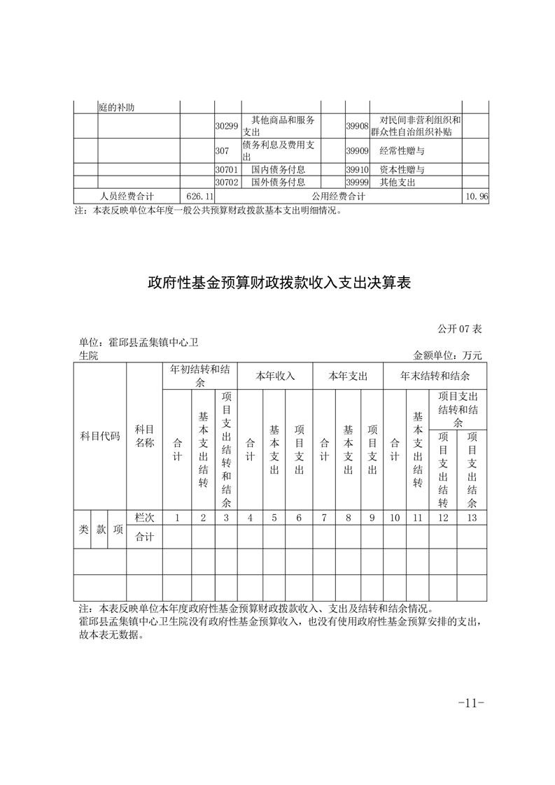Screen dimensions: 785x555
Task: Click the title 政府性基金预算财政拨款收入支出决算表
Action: click(x=278, y=283)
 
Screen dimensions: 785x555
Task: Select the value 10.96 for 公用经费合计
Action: click(x=476, y=197)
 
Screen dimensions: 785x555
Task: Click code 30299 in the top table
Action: click(x=227, y=126)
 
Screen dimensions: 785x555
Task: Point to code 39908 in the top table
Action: click(x=357, y=126)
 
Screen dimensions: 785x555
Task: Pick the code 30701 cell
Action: click(x=227, y=170)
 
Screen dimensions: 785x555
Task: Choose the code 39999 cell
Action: click(x=357, y=183)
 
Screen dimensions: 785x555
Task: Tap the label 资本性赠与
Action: click(x=402, y=170)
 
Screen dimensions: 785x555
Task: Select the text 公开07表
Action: click(x=460, y=329)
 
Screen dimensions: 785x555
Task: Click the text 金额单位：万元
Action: click(x=448, y=355)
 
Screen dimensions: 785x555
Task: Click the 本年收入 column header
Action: click(x=275, y=376)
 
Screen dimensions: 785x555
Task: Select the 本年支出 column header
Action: click(x=348, y=376)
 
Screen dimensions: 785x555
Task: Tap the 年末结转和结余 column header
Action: click(x=435, y=376)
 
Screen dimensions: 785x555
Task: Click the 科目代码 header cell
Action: click(x=100, y=437)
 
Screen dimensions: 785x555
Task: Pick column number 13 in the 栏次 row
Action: click(x=472, y=518)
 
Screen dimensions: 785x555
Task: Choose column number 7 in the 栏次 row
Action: click(x=324, y=518)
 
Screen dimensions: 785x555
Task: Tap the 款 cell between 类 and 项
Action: click(x=101, y=530)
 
